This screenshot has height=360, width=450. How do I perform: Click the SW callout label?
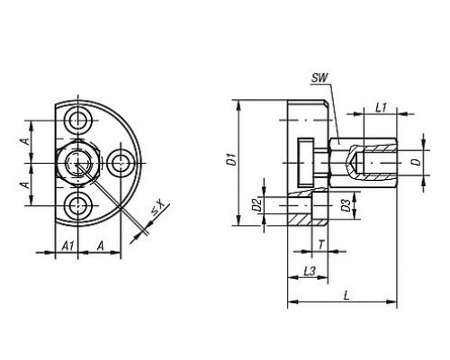[319, 78]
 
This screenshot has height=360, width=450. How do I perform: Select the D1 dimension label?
[231, 159]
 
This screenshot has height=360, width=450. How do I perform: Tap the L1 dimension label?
[381, 107]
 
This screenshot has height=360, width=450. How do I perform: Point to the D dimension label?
[416, 162]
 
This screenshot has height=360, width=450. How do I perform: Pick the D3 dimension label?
[346, 205]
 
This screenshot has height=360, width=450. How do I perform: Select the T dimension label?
[321, 245]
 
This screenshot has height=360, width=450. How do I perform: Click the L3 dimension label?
[310, 271]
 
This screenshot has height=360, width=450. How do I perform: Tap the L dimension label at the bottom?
[346, 296]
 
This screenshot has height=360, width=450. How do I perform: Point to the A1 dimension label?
[67, 246]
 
